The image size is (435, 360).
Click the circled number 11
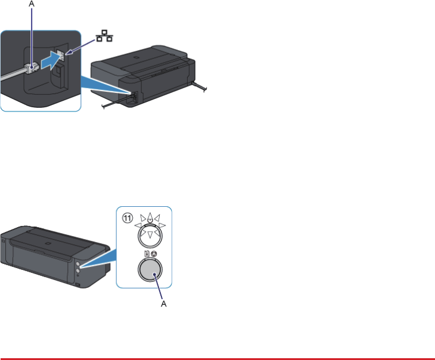click(127, 218)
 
